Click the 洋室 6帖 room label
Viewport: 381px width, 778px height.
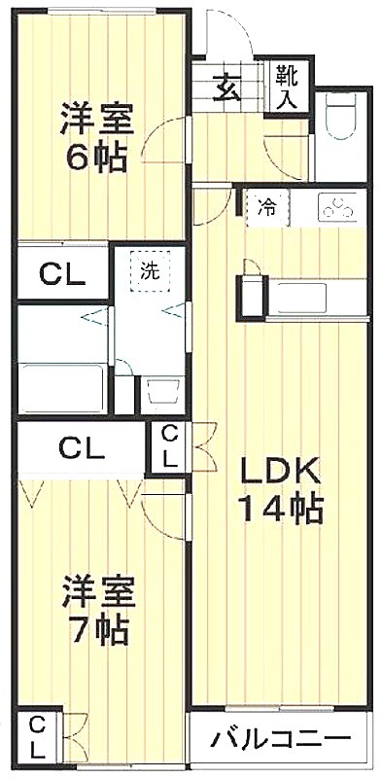(x=97, y=137)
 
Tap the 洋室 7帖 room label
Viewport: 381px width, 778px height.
(x=98, y=610)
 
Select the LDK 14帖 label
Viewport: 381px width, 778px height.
(x=281, y=491)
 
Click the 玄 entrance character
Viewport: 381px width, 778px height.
(x=227, y=88)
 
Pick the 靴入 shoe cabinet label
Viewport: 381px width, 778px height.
(x=288, y=87)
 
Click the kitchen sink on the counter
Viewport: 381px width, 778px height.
(x=301, y=298)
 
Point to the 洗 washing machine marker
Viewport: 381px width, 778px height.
(x=150, y=271)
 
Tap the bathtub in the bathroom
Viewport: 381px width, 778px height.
(x=61, y=387)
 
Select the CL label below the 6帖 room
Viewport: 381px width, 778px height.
(x=62, y=273)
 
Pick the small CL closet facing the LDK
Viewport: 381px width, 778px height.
(x=169, y=448)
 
